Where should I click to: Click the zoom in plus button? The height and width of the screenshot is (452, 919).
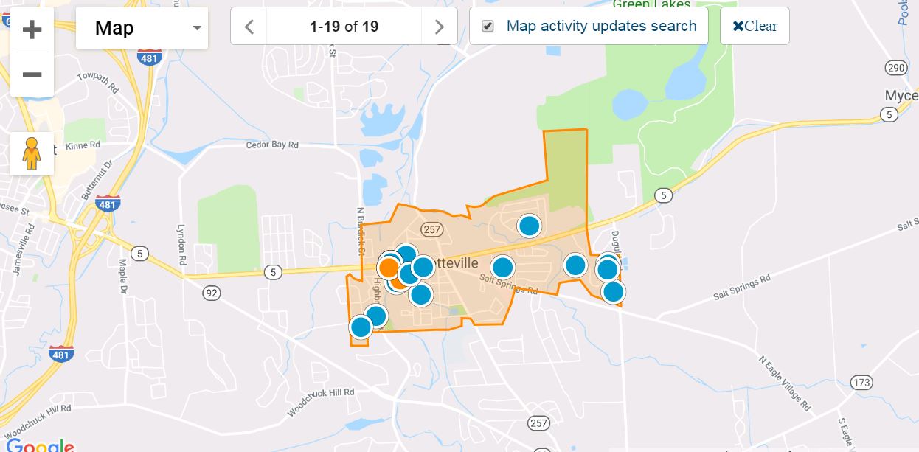(32, 29)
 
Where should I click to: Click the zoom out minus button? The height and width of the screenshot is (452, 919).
(32, 74)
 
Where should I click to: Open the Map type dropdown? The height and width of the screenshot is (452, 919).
(142, 28)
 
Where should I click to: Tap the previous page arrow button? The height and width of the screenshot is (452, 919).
(249, 27)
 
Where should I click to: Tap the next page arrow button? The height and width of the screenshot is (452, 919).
(440, 27)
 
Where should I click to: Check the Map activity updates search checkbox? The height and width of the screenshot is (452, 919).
(488, 27)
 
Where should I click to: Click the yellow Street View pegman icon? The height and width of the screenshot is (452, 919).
(31, 153)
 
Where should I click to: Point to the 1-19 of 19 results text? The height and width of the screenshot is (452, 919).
(344, 27)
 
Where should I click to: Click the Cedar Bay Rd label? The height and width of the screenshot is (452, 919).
(273, 145)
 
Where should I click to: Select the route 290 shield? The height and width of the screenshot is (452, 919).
(895, 68)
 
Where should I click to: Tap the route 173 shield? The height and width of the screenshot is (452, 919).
(861, 382)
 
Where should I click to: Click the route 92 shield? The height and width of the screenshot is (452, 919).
(212, 293)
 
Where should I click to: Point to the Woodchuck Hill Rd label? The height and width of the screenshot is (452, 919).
(322, 403)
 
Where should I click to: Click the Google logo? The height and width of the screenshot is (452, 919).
(40, 445)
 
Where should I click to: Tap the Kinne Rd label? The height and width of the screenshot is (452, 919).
(82, 145)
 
